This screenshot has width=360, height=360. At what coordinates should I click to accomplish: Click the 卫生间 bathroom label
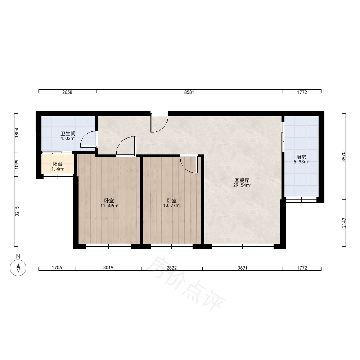click(68, 134)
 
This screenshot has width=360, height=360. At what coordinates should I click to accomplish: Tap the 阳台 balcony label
click(58, 164)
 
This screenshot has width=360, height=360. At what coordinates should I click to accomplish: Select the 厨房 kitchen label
click(301, 157)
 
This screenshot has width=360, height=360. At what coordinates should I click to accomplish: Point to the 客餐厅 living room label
click(242, 180)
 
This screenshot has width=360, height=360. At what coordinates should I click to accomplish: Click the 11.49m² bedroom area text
click(109, 206)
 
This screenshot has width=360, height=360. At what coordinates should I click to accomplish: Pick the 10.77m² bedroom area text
click(172, 206)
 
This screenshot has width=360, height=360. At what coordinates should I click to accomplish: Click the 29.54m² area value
click(242, 185)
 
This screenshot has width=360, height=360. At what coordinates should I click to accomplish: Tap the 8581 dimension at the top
click(189, 92)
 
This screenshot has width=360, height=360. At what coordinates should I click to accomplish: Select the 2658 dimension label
click(67, 92)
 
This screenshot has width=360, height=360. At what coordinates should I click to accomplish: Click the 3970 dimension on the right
click(344, 157)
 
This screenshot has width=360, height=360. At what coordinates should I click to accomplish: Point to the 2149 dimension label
click(344, 223)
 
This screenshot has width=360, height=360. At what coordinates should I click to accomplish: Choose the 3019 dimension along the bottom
click(108, 268)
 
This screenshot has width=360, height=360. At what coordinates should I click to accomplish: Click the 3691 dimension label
click(242, 268)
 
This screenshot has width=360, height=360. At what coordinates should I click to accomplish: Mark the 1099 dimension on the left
click(17, 165)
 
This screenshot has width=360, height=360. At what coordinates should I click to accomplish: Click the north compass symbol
click(18, 268)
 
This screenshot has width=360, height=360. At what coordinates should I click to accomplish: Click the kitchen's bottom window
click(301, 200)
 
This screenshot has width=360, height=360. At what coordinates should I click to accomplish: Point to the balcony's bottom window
click(58, 176)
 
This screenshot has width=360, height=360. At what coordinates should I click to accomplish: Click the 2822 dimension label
click(172, 268)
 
